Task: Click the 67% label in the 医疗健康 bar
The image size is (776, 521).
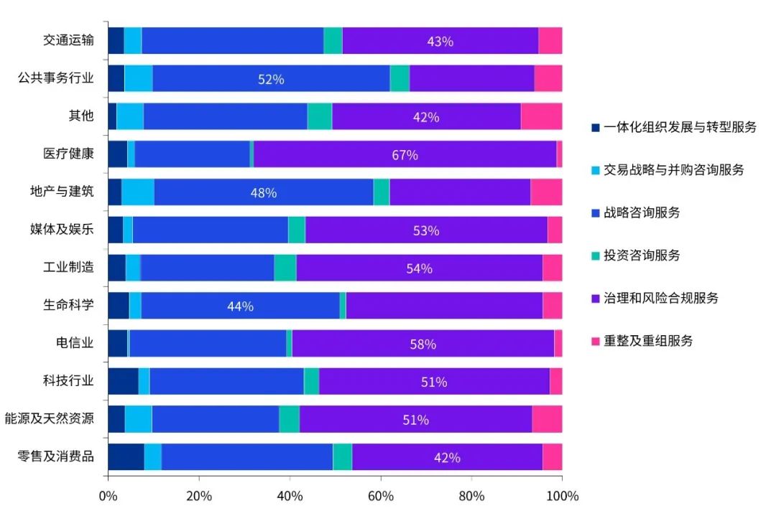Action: coord(405,155)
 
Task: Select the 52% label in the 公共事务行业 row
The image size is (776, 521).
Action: coord(271,80)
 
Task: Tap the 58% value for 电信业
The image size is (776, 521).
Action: coord(422,344)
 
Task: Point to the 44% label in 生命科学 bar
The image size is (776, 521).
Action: coord(240,306)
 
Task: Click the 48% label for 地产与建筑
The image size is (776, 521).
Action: coord(263,193)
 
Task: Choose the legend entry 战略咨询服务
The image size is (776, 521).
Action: coord(642,212)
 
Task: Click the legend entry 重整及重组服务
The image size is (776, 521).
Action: coord(648,341)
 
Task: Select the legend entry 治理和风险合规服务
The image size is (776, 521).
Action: coord(660,298)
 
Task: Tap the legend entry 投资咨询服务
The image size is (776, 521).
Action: coord(642,255)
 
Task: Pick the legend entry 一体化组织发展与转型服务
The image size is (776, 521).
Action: coord(680,127)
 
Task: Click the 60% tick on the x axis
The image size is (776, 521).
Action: coord(380,496)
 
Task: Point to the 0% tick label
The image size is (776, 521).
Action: coord(108,496)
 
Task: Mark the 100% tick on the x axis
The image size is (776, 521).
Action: coord(562,496)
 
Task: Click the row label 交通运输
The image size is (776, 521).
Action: coord(68,40)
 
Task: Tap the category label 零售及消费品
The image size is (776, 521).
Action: coord(55,456)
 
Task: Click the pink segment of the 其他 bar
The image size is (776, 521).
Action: coord(541,116)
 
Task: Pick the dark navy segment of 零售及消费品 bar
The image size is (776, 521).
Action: coord(126,457)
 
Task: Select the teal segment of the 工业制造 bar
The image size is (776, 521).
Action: coord(285,268)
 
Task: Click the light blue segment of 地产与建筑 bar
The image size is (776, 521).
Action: coord(137,192)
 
